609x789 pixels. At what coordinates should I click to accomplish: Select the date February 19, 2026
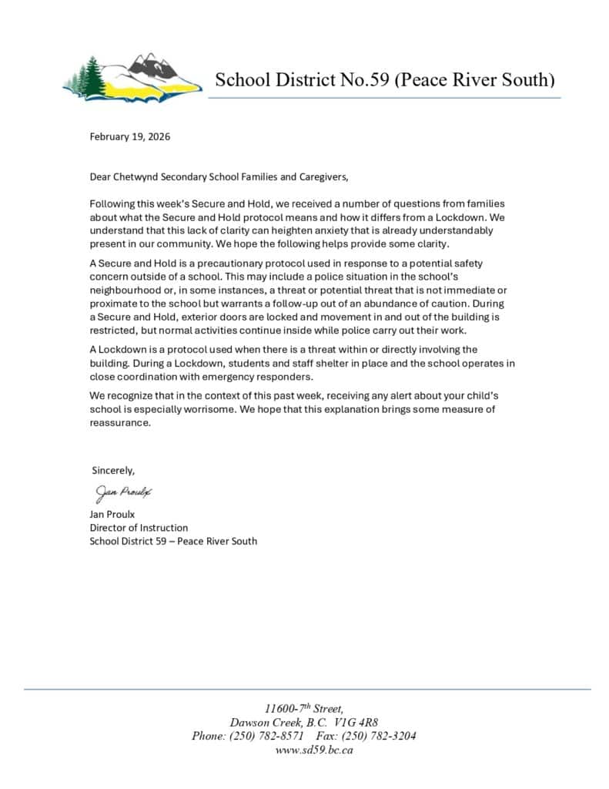(x=130, y=137)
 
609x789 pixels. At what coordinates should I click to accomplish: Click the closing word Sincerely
(x=114, y=470)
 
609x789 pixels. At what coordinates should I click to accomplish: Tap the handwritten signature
(x=124, y=492)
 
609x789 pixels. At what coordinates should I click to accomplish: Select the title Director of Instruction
(x=139, y=528)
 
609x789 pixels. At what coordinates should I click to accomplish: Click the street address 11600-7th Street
(x=303, y=709)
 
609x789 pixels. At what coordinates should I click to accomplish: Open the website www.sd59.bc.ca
(x=303, y=750)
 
